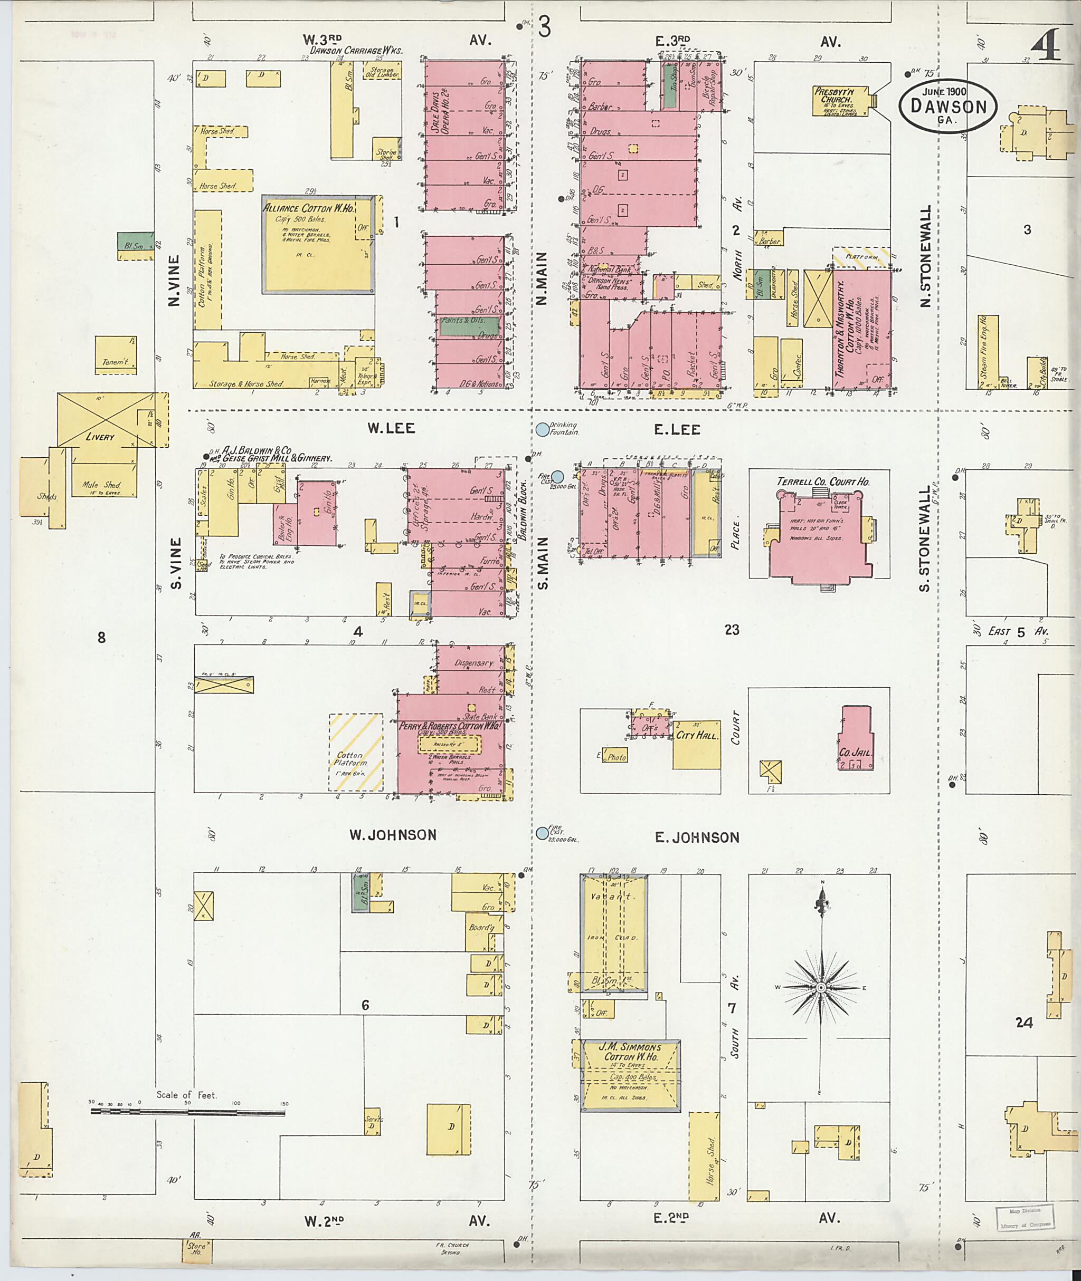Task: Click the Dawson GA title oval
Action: coord(948,105)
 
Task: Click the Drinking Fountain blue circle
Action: coord(542,429)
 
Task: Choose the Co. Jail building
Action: coord(856,739)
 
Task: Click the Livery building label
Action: coord(100,437)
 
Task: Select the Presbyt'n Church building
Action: coord(841,100)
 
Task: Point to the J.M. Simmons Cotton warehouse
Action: coord(631,1076)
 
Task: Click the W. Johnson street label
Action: coord(393,835)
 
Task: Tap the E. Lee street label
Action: coord(677,429)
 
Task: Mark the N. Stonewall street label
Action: coord(925,256)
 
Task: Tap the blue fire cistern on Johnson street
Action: coord(542,833)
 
